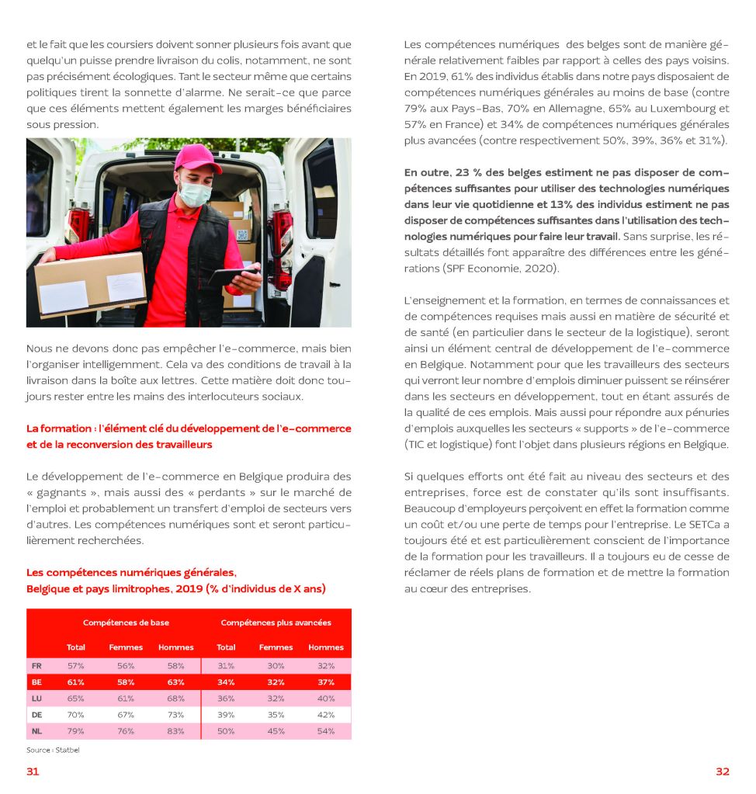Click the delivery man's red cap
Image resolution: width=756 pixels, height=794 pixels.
(197, 158)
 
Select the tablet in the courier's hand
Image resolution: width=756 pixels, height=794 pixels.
(234, 276)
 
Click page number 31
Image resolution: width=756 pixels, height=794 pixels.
(33, 771)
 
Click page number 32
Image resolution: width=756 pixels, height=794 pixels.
(722, 771)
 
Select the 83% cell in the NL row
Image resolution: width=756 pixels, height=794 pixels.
(176, 731)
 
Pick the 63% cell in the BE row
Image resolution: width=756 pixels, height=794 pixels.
(176, 682)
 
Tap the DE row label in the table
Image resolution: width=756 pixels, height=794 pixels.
(36, 715)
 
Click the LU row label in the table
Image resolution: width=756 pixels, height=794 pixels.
(36, 699)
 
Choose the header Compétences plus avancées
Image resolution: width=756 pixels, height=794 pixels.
(276, 622)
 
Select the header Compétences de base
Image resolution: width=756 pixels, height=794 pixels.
(126, 622)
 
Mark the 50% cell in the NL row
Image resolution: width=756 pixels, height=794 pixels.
(226, 731)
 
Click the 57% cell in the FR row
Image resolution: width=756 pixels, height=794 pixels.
(76, 666)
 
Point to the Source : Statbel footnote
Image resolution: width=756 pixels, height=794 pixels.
(53, 750)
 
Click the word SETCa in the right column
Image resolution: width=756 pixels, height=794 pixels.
(696, 525)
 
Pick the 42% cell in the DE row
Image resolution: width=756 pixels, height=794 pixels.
(326, 715)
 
